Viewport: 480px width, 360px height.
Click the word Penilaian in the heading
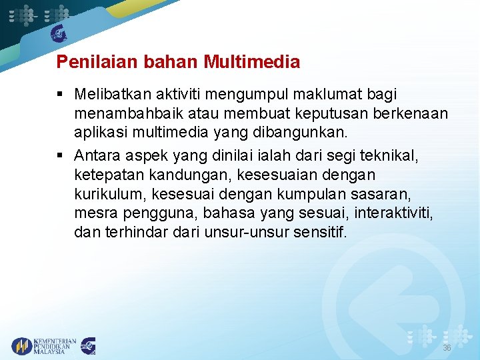(x=87, y=63)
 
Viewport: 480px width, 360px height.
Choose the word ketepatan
(x=105, y=175)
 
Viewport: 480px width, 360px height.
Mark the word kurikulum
(x=111, y=193)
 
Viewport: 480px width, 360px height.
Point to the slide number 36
(x=447, y=348)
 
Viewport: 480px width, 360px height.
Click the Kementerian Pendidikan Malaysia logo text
(x=55, y=346)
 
